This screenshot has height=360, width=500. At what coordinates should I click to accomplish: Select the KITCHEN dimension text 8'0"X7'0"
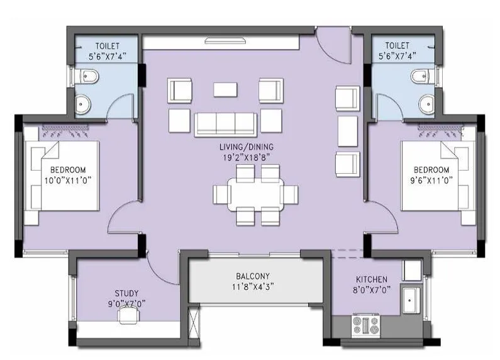[x=371, y=290]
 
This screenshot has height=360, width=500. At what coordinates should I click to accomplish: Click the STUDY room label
[x=126, y=293]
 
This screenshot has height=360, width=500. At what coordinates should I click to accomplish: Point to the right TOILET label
[x=397, y=46]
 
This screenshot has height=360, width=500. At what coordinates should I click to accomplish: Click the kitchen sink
[x=411, y=301]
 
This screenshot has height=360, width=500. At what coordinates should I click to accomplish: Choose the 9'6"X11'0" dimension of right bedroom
[x=431, y=180]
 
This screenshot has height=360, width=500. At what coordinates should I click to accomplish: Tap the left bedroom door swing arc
[x=119, y=214]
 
